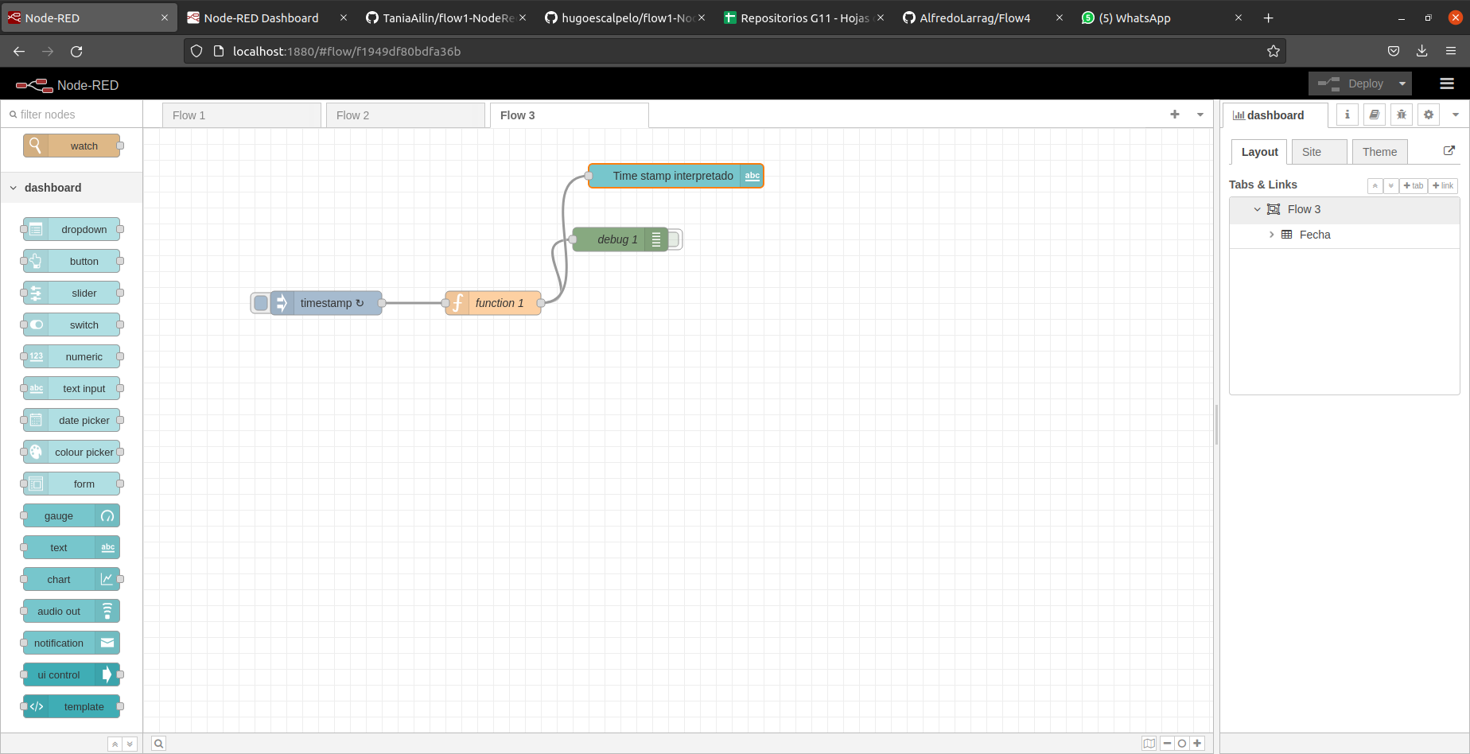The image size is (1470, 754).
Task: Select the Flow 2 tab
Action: (404, 115)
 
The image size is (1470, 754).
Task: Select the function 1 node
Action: (499, 303)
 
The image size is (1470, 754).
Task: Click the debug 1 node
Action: (617, 239)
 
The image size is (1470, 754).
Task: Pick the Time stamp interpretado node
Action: (673, 176)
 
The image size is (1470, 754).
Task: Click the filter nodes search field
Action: (76, 115)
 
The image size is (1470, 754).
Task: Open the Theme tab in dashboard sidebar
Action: (1379, 152)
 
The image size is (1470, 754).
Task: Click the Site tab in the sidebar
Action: (1312, 152)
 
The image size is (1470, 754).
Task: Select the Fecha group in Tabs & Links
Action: (1315, 235)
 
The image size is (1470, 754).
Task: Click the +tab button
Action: (1414, 185)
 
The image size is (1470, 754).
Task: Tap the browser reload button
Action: (76, 51)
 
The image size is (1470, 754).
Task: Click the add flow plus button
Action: (1175, 115)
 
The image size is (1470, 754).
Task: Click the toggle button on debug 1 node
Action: (675, 239)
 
